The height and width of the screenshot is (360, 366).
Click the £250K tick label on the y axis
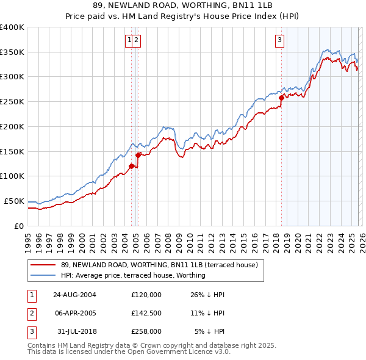tap(12, 101)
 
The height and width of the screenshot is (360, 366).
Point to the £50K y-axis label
tap(14, 201)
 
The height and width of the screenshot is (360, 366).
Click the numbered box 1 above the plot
tap(129, 41)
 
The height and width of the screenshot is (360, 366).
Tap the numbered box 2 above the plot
tap(136, 41)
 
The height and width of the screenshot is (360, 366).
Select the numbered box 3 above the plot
tap(280, 41)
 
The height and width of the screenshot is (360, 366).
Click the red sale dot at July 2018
tap(281, 98)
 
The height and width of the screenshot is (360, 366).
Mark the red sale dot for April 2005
tap(138, 155)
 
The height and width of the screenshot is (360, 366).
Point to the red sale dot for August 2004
tap(131, 166)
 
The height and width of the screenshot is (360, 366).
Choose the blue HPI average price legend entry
tap(133, 275)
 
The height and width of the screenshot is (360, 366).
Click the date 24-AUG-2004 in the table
tap(74, 295)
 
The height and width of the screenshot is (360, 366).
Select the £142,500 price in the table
tap(146, 313)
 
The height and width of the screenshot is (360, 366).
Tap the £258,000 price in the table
tap(146, 331)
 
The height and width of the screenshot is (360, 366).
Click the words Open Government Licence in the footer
tap(171, 351)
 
